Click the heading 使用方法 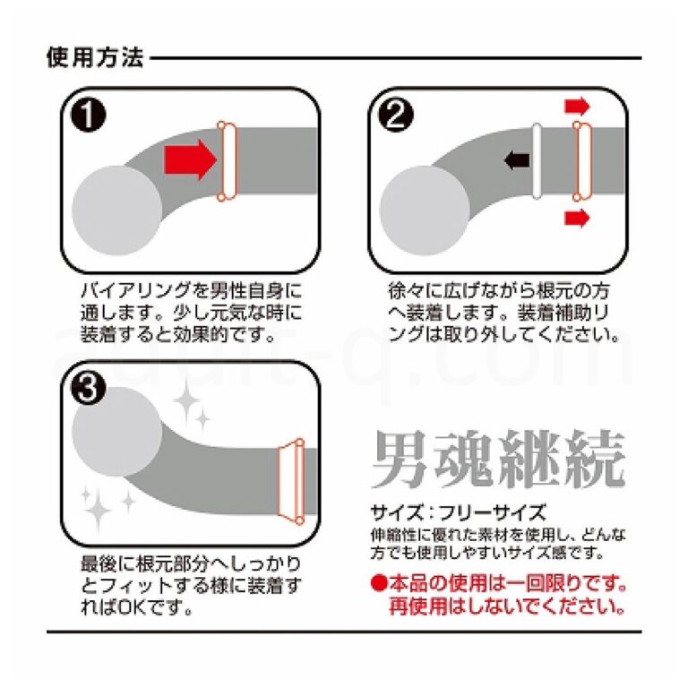coord(95,57)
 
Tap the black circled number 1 coord(88,114)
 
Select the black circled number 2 coord(396,114)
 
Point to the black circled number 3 coord(88,388)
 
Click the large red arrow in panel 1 coord(191,159)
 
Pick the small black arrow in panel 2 coord(517,159)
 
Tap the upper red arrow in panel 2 coord(577,107)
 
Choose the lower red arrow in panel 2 coord(577,218)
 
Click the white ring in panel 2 coord(537,161)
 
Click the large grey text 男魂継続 coord(498,460)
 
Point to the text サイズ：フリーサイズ coord(459,512)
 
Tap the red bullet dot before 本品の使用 coord(378,583)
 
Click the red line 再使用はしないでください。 coord(507,606)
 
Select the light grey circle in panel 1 coord(116,211)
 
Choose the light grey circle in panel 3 coord(116,432)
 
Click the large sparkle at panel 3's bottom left coord(98,509)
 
